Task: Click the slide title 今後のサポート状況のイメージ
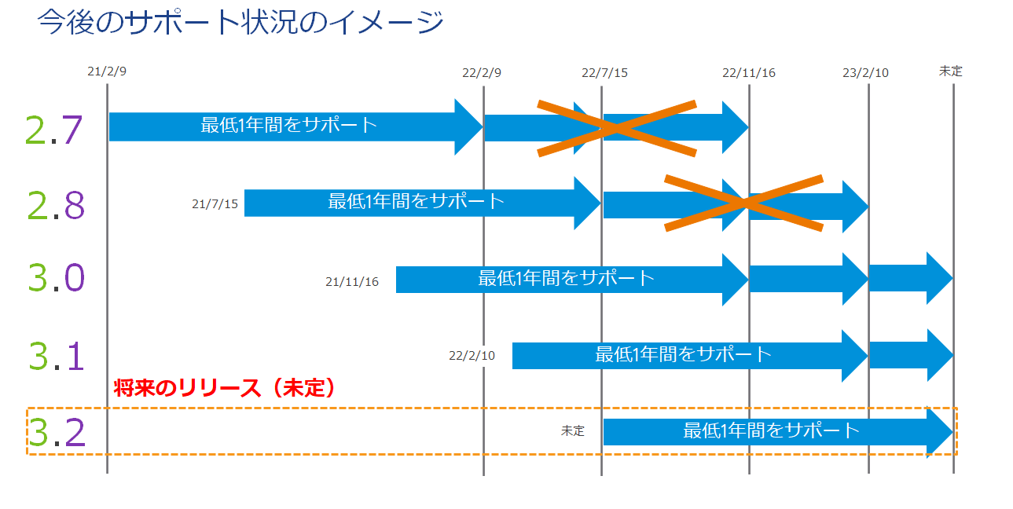(x=240, y=24)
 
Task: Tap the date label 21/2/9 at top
(x=107, y=71)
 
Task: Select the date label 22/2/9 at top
(x=482, y=73)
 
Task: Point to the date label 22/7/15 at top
(x=604, y=73)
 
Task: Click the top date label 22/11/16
(x=749, y=73)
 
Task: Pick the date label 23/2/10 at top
(x=865, y=73)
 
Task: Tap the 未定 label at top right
(x=950, y=71)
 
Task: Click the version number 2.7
(x=53, y=130)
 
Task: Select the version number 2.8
(x=55, y=205)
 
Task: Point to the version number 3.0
(x=55, y=278)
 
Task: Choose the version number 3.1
(x=56, y=356)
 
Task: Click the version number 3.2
(x=56, y=433)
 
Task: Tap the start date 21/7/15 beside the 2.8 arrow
(x=215, y=204)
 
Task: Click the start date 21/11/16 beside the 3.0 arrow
(x=352, y=281)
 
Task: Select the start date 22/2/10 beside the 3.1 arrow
(x=472, y=355)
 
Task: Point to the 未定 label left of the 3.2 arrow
(x=573, y=431)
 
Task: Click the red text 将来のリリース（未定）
(x=225, y=388)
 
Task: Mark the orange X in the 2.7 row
(x=617, y=128)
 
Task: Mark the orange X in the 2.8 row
(x=744, y=203)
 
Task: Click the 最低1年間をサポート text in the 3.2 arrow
(x=771, y=430)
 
